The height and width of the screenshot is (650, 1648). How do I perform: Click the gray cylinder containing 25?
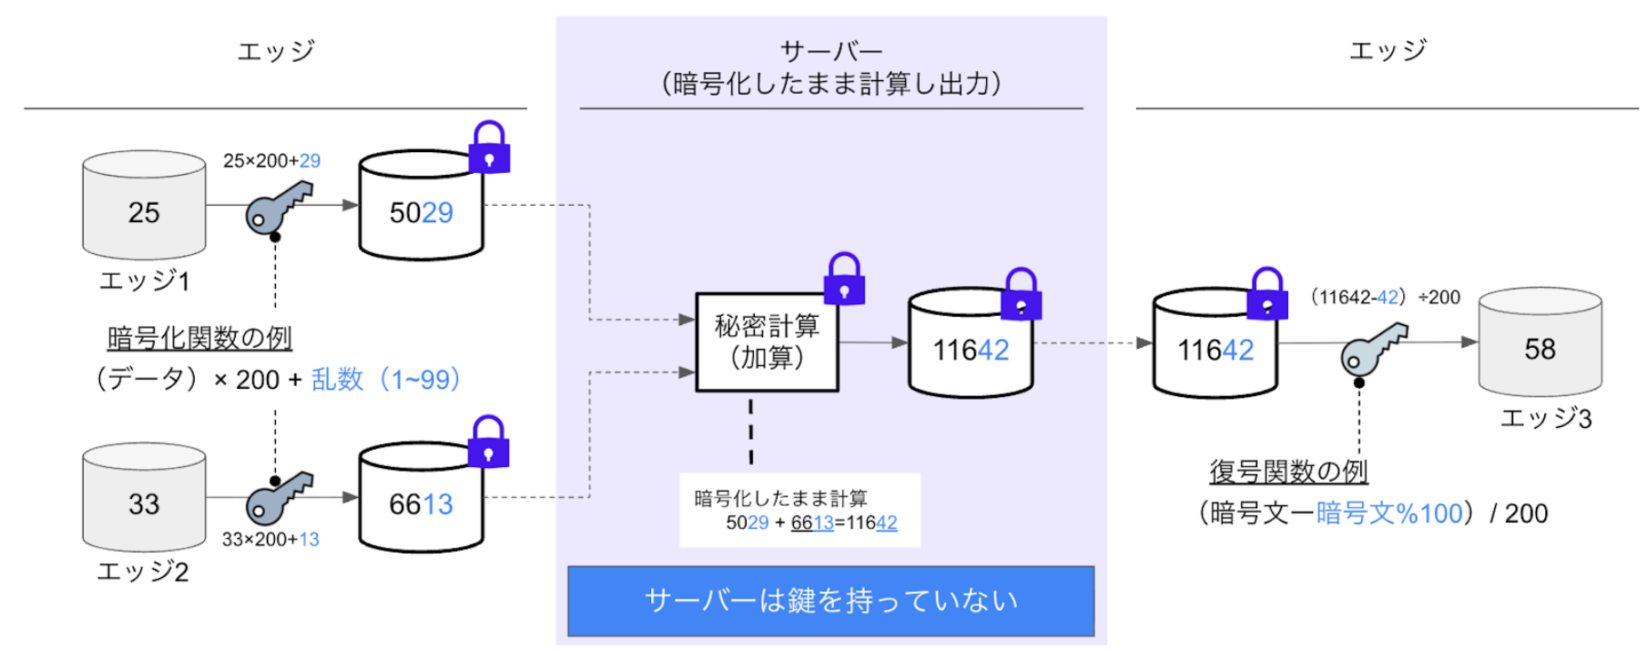(144, 206)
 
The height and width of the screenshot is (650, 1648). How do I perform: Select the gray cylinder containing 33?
(144, 498)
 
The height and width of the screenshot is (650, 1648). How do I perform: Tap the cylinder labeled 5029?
(421, 207)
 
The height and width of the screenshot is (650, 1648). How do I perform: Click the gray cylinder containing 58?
(1540, 342)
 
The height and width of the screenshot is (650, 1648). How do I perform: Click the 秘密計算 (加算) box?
(767, 342)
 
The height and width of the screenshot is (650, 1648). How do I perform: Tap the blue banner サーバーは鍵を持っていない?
(831, 601)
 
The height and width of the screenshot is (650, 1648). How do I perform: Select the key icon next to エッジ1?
(278, 208)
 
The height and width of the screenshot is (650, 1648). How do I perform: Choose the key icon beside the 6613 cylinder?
(278, 498)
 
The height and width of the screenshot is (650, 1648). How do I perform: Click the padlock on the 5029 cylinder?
(489, 147)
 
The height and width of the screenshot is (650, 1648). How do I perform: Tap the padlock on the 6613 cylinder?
(489, 442)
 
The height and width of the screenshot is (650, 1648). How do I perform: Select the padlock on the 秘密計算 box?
(844, 279)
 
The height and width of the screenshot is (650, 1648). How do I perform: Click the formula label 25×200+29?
(271, 161)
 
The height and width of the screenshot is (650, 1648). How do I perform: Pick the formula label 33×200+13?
(270, 539)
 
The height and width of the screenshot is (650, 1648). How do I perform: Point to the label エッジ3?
(1546, 419)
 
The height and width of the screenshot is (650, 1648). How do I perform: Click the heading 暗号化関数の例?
(199, 338)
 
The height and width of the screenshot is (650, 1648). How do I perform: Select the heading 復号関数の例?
(1288, 472)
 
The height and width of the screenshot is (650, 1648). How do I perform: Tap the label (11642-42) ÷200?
(1385, 298)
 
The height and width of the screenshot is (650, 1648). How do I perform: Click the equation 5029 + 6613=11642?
(811, 523)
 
